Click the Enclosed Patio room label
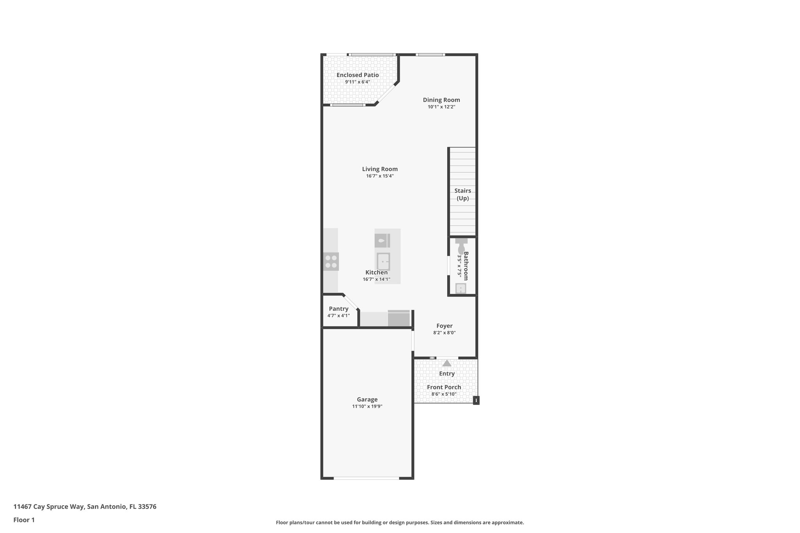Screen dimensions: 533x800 357,75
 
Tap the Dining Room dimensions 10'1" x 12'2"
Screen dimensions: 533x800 441,107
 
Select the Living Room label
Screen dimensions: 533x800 380,169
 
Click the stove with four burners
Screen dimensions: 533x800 331,261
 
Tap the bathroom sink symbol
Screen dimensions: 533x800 461,289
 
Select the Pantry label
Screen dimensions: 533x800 338,309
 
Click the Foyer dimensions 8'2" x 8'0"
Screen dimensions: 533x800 444,333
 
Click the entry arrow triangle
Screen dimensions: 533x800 447,363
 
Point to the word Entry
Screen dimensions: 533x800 447,374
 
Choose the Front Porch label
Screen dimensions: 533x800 444,387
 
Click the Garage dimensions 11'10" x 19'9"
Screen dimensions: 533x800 367,406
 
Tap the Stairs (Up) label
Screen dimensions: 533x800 462,194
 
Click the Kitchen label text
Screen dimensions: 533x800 377,273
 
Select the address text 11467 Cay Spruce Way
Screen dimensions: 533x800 49,506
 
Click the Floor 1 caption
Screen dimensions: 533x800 24,520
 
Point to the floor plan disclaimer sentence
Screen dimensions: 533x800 400,522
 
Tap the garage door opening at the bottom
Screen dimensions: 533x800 366,478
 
